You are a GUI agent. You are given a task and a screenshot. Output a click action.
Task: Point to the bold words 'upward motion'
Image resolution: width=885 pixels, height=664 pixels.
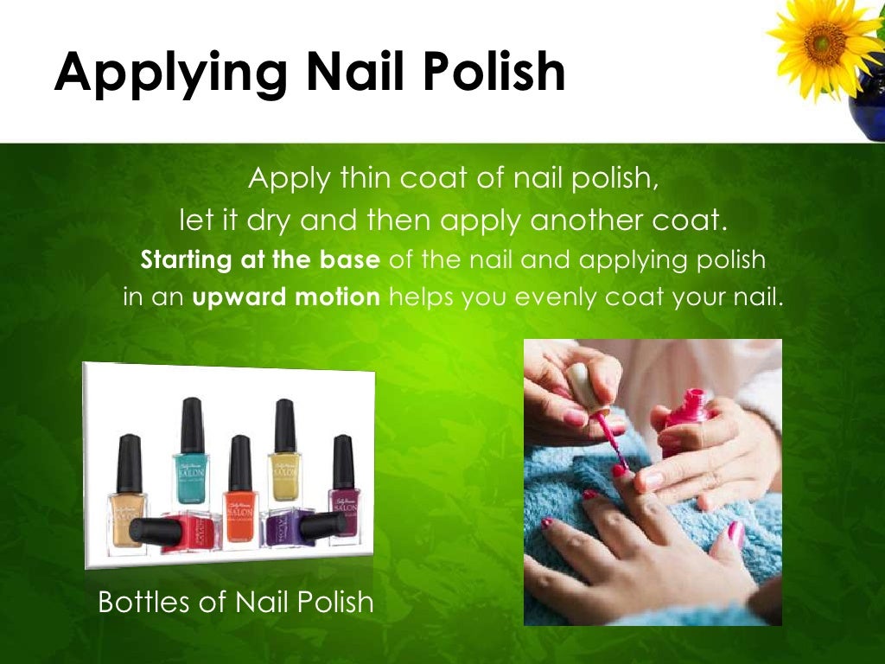tap(286, 297)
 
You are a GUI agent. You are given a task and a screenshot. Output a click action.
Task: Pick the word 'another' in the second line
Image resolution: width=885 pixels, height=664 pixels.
tap(589, 220)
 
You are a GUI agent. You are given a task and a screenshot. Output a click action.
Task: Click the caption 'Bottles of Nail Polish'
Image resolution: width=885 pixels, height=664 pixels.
tap(236, 601)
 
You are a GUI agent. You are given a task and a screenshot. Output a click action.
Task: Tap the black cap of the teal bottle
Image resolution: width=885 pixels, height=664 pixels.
tap(192, 424)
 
